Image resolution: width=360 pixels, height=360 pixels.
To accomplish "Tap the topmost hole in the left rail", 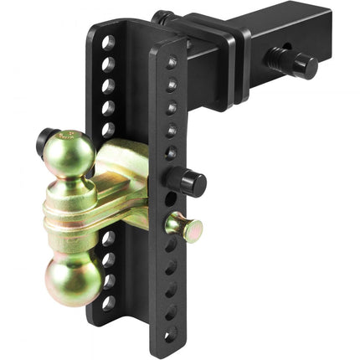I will pos(108,42).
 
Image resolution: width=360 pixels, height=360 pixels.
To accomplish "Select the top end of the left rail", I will pos(105,28).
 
